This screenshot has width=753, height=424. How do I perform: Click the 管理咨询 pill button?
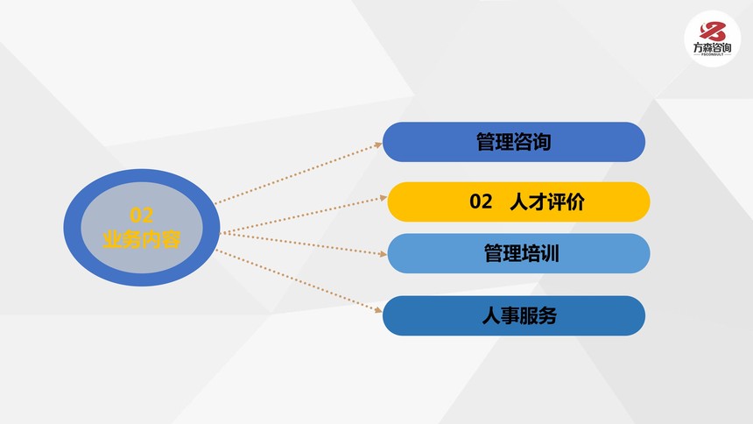[513, 142]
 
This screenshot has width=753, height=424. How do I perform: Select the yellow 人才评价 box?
[518, 201]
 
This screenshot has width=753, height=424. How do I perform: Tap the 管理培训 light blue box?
[518, 253]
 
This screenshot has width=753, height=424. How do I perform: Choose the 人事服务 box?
[513, 316]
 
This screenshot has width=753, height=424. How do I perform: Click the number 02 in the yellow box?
[481, 201]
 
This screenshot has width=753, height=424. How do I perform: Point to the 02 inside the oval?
[141, 216]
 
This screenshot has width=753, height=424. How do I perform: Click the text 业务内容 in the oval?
[141, 239]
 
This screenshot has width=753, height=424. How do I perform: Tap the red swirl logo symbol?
[712, 32]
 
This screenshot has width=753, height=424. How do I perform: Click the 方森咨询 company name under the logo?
[712, 47]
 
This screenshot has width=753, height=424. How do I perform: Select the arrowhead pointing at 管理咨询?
[378, 145]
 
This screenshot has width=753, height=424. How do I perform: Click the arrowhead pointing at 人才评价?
[384, 198]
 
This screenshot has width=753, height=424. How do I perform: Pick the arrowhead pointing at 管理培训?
[384, 254]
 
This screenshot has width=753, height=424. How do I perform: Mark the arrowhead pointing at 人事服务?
[378, 310]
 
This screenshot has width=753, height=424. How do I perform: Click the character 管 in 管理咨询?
[486, 142]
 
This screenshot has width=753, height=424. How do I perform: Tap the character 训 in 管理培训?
[550, 253]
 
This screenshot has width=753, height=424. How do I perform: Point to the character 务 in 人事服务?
[547, 316]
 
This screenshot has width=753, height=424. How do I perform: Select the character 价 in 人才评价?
[575, 201]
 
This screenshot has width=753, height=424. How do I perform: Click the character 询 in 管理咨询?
[542, 142]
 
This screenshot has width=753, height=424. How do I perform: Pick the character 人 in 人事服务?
[491, 316]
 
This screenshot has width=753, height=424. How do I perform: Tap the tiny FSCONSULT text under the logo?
[712, 55]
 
